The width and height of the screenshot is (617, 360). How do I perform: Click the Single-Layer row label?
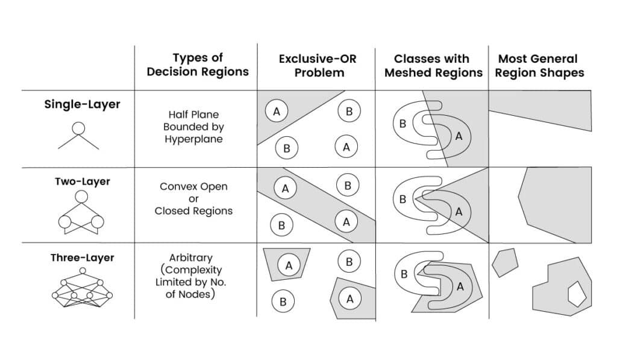(82, 104)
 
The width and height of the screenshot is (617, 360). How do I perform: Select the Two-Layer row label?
(82, 181)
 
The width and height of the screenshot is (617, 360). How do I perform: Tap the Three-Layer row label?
(82, 257)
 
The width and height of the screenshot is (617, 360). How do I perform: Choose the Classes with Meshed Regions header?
(432, 66)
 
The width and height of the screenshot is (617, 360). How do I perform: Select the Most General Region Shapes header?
(539, 66)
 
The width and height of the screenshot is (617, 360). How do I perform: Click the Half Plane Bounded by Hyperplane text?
(193, 127)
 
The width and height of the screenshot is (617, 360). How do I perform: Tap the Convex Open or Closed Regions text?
(193, 198)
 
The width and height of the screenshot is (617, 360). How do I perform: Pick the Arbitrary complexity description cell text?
(193, 276)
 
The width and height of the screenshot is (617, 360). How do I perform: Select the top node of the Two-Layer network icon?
(81, 197)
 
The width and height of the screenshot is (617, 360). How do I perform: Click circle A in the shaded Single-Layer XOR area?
(277, 111)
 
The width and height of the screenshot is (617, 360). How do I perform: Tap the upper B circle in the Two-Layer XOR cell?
(347, 185)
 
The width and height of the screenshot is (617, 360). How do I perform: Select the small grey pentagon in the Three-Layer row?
(504, 262)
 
